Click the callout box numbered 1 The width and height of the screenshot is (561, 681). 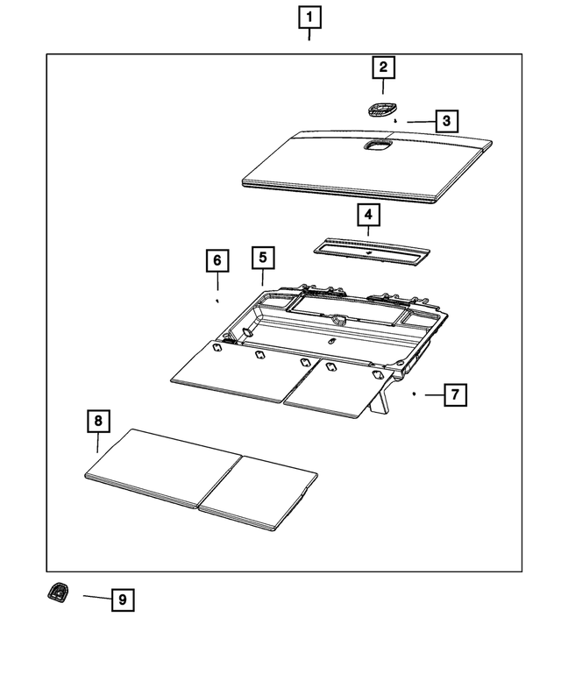click(309, 16)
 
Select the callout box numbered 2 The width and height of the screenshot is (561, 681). click(382, 67)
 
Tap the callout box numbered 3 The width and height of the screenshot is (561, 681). click(446, 121)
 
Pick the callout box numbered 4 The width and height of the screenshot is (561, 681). click(368, 215)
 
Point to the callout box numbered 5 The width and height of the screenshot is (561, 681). click(262, 258)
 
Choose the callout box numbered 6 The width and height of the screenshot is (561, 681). click(217, 260)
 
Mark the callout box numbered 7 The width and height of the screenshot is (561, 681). click(455, 395)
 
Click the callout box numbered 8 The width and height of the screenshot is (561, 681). click(98, 422)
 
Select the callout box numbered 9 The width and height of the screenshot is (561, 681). click(123, 599)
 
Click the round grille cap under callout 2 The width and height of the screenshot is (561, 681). click(381, 109)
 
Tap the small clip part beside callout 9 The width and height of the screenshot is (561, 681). click(58, 594)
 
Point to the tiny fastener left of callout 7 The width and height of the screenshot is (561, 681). click(413, 394)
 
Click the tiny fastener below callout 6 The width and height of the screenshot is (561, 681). click(217, 300)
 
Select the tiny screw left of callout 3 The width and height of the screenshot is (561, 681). click(396, 120)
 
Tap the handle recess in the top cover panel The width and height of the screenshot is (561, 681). click(378, 146)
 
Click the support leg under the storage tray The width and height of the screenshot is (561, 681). click(381, 404)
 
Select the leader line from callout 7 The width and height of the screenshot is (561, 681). click(434, 395)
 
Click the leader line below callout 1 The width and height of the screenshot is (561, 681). click(309, 34)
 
